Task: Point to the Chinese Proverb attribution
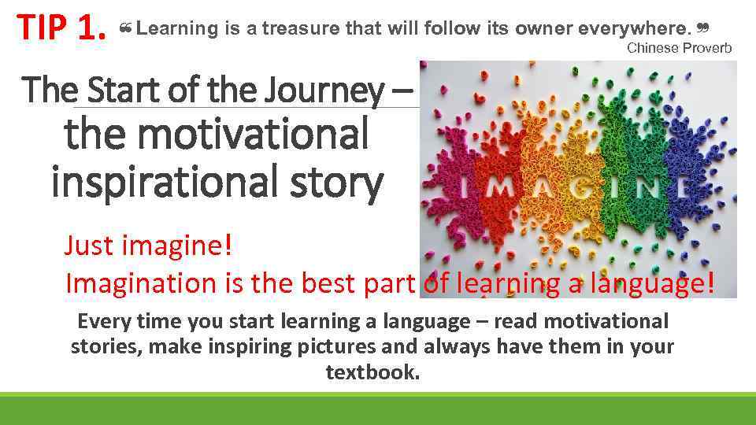[x=679, y=48]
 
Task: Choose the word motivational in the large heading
[x=217, y=133]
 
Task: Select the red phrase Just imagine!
[x=148, y=246]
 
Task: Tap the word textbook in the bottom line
[x=372, y=371]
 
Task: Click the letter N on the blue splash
[x=675, y=189]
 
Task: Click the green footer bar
[x=378, y=408]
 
